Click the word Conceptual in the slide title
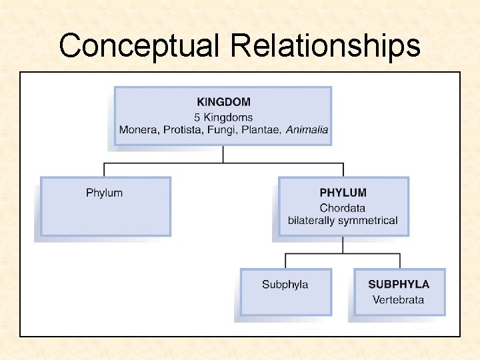pos(139,46)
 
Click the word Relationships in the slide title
pos(325,46)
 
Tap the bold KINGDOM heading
pos(224,102)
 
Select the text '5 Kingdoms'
pos(224,117)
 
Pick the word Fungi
pos(221,129)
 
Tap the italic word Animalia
pos(307,129)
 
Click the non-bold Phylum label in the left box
pos(104,193)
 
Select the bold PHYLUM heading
pos(343,193)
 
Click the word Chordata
pos(343,208)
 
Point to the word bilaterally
pos(311,221)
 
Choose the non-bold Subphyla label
pos(285,285)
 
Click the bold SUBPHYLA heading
pos(399,284)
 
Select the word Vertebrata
pos(399,299)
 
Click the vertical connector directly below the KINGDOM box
pos(223,154)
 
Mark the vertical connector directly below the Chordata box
pos(343,245)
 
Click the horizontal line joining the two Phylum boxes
pos(223,163)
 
